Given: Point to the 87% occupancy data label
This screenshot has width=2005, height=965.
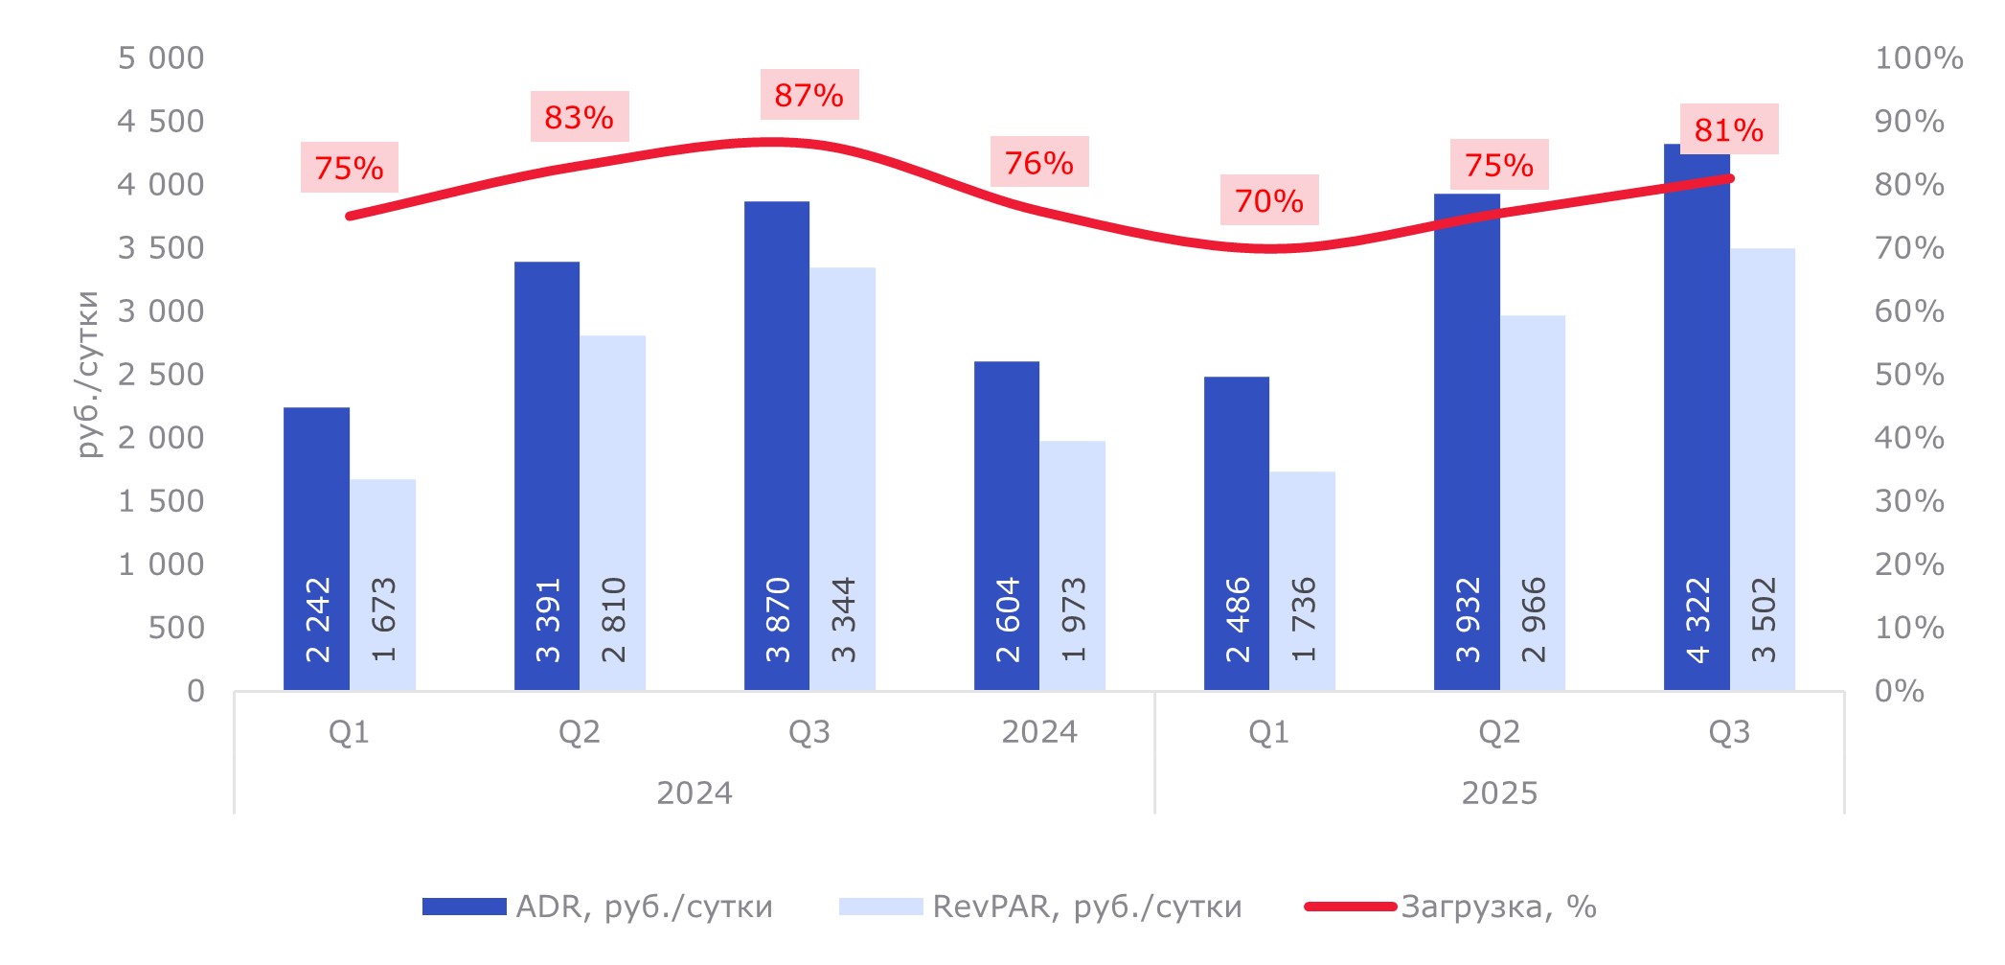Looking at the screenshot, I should [809, 95].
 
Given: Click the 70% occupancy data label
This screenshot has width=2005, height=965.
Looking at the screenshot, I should [1269, 200].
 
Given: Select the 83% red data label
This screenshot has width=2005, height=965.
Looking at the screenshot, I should [580, 117].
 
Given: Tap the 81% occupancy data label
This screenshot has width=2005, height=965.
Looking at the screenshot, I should [1729, 129].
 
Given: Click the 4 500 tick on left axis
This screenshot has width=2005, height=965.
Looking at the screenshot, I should [160, 122].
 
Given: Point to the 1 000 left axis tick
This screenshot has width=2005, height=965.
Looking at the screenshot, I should [160, 564].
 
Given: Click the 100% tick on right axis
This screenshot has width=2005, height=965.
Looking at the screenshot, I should [1918, 58].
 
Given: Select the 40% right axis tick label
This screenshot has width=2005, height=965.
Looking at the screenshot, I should [1908, 438].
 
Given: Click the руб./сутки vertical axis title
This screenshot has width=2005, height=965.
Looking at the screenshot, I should [88, 374].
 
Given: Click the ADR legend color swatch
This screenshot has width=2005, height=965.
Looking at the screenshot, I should [464, 907].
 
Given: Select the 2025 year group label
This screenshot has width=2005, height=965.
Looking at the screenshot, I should [1499, 793].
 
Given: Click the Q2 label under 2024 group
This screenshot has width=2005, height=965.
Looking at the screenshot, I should [580, 732].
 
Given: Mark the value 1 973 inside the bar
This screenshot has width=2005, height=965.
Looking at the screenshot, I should [1074, 619].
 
